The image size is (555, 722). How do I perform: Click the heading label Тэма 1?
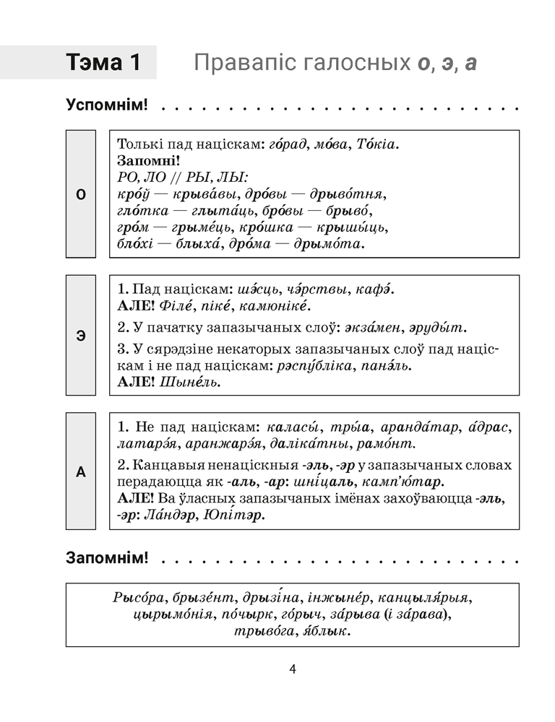(x=103, y=63)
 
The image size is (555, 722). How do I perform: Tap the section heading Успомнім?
(x=106, y=105)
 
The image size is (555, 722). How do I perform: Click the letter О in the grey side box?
(x=80, y=194)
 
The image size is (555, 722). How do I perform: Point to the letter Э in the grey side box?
(x=80, y=335)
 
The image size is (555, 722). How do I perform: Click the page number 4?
(x=293, y=669)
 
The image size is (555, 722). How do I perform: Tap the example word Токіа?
(x=378, y=144)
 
